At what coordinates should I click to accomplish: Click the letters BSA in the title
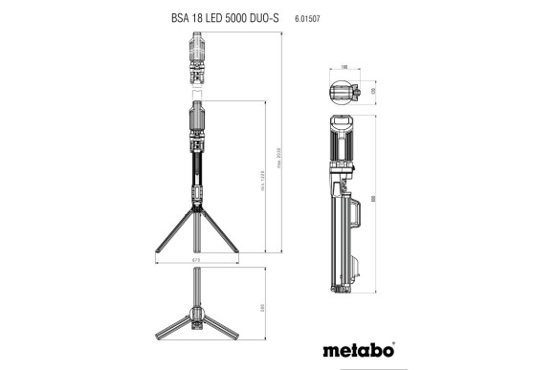(168, 17)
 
